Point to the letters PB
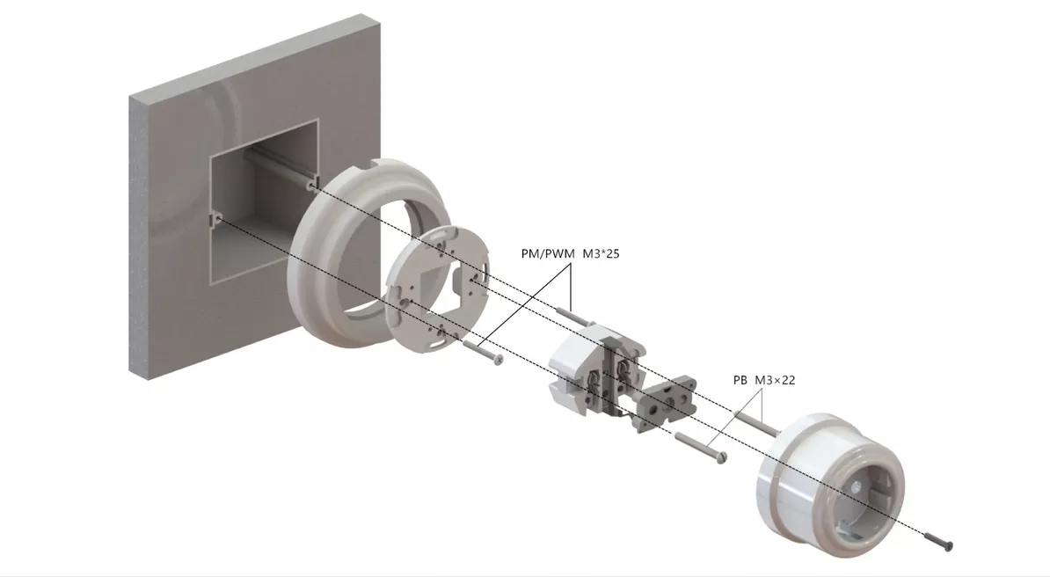[740, 380]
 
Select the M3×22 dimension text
[775, 380]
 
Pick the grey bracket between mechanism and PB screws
[667, 401]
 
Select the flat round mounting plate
[438, 289]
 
